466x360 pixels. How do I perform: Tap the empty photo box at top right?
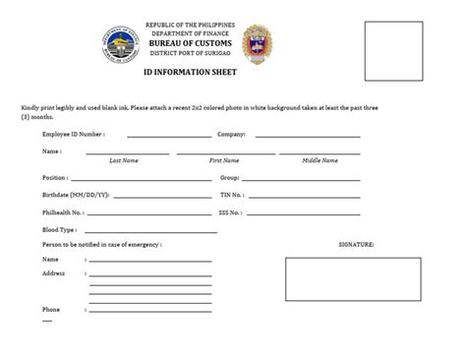pos(393,50)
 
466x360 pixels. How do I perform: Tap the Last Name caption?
pos(123,158)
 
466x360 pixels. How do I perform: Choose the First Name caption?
pos(223,158)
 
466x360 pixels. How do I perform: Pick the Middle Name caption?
pos(320,158)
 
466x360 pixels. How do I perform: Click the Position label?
pos(55,178)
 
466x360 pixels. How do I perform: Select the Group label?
pos(230,178)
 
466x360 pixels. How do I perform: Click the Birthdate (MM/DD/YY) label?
pos(76,195)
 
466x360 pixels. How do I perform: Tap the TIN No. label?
pos(232,195)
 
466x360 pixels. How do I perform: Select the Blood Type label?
pos(60,228)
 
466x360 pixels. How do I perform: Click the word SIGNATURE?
pos(356,243)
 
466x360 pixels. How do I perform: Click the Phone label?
pos(50,310)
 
